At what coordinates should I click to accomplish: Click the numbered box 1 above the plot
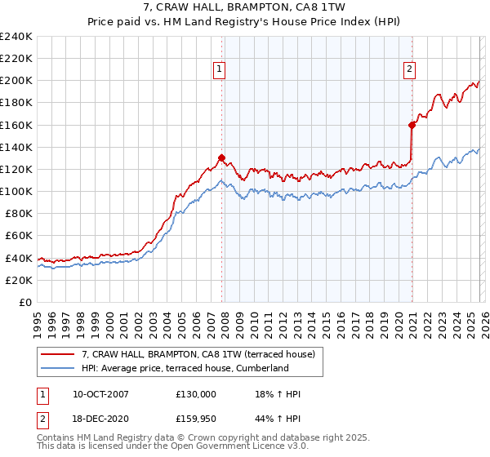(220, 70)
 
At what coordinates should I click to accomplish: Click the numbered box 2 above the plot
(408, 70)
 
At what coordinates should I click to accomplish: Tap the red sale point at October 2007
(221, 158)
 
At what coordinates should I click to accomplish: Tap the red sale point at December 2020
(412, 125)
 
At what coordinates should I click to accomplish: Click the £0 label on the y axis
(24, 302)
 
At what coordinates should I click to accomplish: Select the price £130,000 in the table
(196, 394)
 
